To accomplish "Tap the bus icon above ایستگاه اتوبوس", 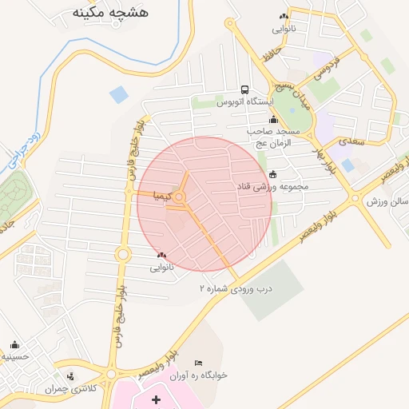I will point(244,90).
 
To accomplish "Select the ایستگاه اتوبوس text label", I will point(245,103).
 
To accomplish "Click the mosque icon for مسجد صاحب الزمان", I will point(273,121).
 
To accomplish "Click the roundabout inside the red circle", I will point(181,197).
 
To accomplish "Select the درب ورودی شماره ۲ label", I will point(236,287).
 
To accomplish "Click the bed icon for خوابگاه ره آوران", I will point(199,363).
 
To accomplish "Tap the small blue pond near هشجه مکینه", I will point(119,95).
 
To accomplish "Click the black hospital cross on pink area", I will point(155,398).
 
